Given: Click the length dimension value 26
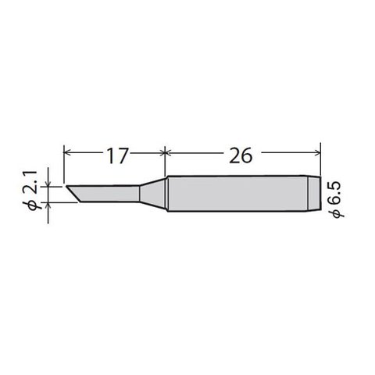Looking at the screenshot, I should tap(241, 155).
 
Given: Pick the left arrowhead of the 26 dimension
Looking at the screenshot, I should tap(170, 149).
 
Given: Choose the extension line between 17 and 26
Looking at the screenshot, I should tap(164, 160).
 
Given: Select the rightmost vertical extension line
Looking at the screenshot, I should tap(321, 160).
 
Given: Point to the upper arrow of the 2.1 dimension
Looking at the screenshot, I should tap(51, 182).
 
